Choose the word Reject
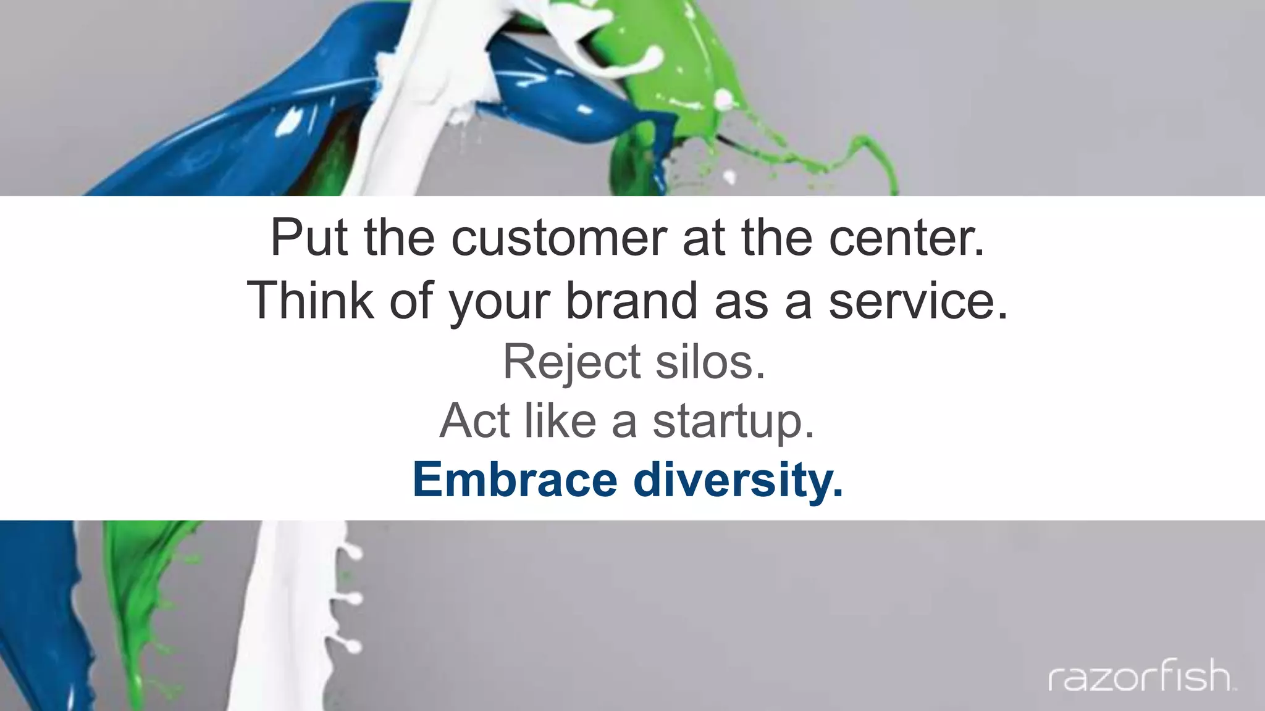[x=571, y=362]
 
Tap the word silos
[x=710, y=362]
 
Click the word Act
[x=475, y=421]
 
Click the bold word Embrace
[x=515, y=480]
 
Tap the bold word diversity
[x=738, y=481]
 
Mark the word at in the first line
[x=703, y=239]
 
